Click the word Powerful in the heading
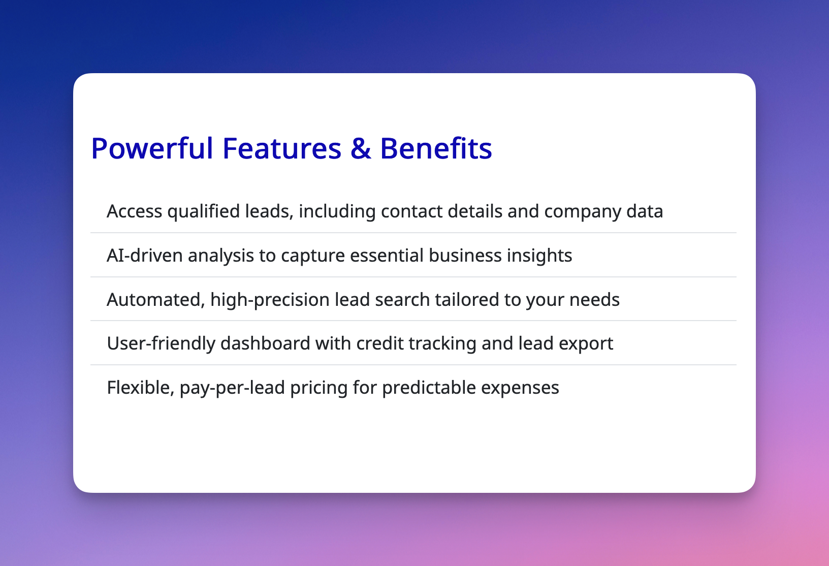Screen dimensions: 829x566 [152, 148]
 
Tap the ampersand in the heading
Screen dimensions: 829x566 [361, 148]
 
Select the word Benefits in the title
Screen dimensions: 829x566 [436, 148]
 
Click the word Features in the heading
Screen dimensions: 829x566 [281, 148]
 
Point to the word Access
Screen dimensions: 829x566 [134, 211]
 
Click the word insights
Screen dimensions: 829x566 [539, 256]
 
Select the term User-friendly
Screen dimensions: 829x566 [161, 344]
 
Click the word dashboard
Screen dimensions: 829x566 [265, 343]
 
